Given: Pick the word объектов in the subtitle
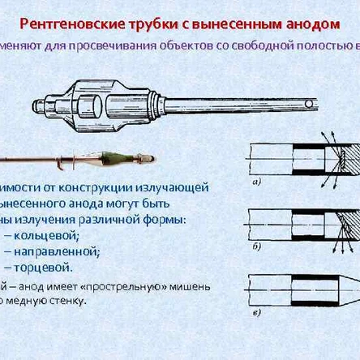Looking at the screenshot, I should click(x=178, y=46).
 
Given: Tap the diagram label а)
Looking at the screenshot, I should click(x=256, y=183).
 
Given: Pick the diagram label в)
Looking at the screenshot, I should click(x=256, y=312).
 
